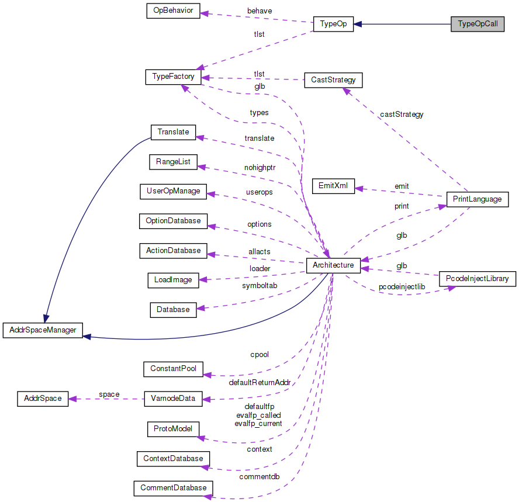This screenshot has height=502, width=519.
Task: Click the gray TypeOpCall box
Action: [x=477, y=24]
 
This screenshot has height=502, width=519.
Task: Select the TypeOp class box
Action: [x=333, y=24]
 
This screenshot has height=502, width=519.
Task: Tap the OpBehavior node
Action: [x=173, y=11]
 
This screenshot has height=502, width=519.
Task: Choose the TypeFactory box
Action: [x=174, y=77]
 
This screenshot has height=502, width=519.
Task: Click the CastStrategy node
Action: [x=334, y=79]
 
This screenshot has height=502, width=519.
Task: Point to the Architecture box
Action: [x=333, y=265]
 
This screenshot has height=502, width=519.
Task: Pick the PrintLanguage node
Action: [x=477, y=199]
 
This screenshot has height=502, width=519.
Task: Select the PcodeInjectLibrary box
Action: [x=477, y=279]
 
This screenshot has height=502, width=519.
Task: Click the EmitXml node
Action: [x=333, y=186]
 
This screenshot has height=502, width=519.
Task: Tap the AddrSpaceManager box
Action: [x=43, y=330]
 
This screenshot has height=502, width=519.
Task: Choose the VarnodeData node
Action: [x=174, y=399]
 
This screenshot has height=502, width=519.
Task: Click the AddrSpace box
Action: [x=43, y=399]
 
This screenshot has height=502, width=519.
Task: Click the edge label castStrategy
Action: [x=402, y=115]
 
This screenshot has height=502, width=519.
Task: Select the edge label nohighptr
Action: [x=259, y=167]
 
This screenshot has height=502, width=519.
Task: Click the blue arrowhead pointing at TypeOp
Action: [x=358, y=24]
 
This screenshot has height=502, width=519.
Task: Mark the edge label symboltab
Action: [x=259, y=286]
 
